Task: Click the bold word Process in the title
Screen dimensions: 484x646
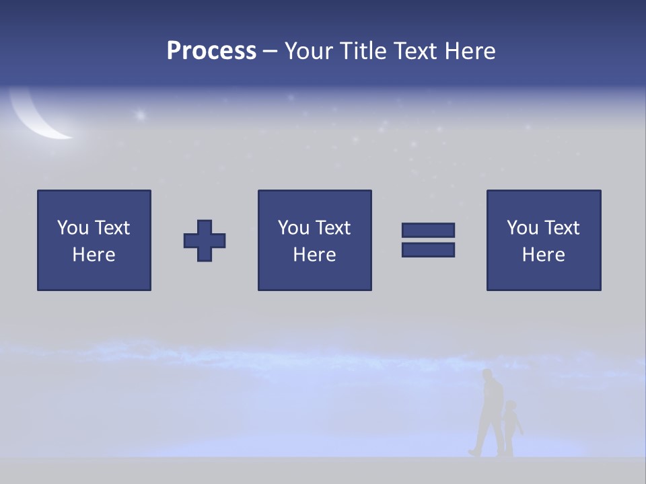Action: pos(211,51)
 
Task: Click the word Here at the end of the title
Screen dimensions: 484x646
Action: pos(468,51)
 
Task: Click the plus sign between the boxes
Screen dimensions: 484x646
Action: pos(205,241)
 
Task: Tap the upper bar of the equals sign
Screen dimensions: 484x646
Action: pos(428,231)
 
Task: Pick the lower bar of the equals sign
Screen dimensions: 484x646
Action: pos(428,249)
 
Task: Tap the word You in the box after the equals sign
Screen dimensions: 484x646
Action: pos(522,228)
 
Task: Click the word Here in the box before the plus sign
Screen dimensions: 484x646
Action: pos(94,255)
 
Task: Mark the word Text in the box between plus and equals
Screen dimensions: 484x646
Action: pos(334,228)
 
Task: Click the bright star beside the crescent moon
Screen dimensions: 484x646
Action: pos(141,116)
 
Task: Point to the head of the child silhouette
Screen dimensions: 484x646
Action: pos(511,407)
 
